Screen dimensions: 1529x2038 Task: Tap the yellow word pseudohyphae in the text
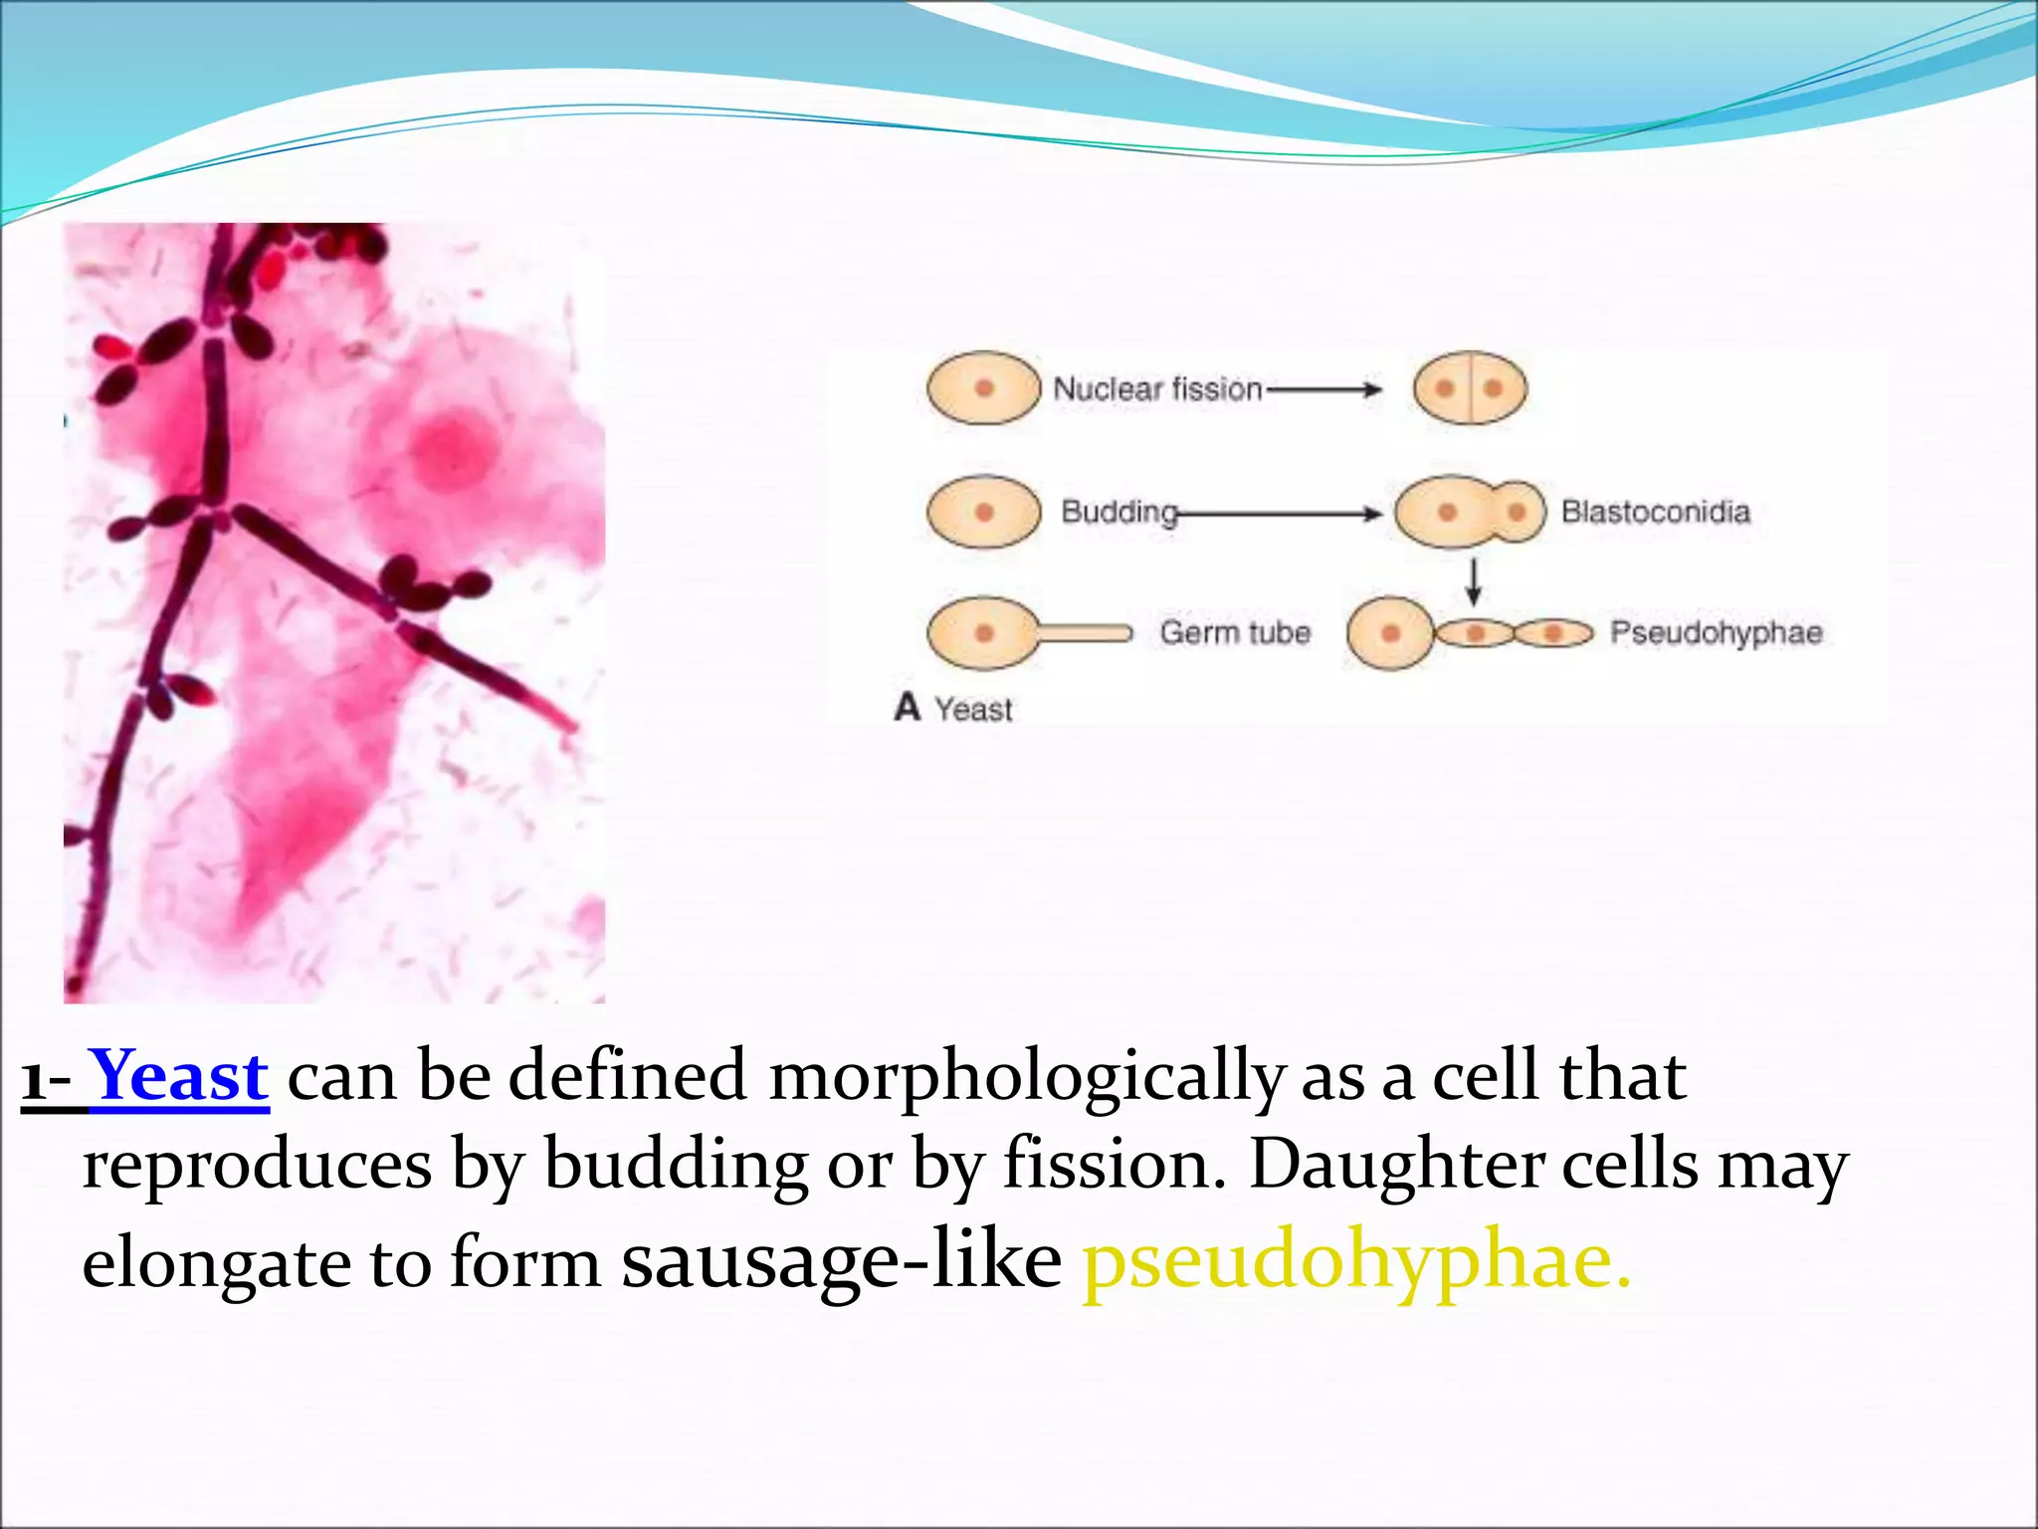coord(1355,1262)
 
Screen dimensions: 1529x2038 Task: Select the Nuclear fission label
coord(1157,388)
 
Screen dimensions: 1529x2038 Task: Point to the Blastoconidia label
coord(1655,512)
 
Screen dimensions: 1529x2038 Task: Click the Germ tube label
coord(1234,633)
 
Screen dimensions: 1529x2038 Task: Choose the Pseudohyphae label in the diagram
coord(1716,633)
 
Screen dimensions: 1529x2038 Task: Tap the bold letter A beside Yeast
coord(907,707)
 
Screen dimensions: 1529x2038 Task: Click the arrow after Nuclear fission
coord(1324,389)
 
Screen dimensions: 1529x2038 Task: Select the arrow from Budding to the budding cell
coord(1280,514)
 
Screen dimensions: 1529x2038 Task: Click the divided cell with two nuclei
coord(1470,388)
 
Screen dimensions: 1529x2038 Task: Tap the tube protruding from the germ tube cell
coord(1085,633)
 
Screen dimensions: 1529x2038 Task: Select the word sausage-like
coord(841,1262)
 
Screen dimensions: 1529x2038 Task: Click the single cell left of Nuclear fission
coord(983,388)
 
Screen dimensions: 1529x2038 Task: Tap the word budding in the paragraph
coord(676,1165)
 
